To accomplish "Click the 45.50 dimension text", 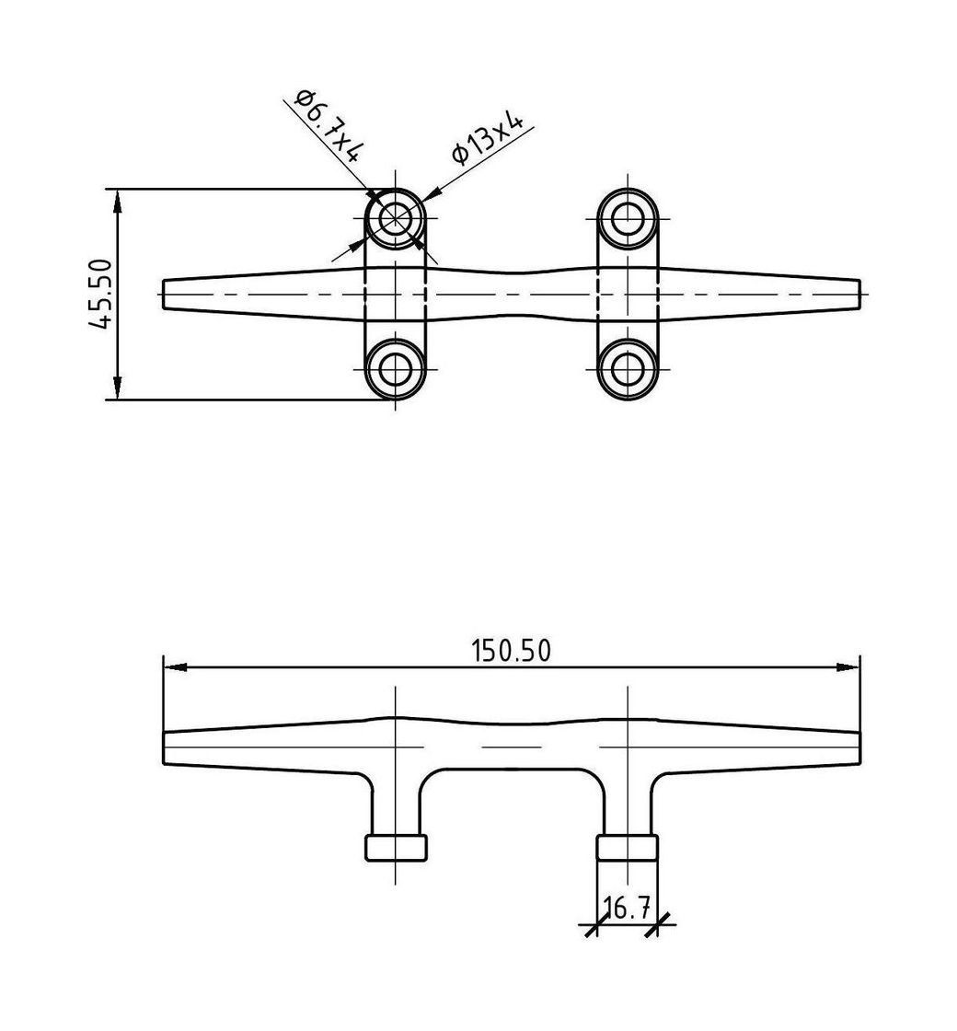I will click(100, 294).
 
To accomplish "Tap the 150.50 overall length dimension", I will click(512, 651).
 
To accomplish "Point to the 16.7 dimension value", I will click(626, 909).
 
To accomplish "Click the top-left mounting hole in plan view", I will click(396, 219).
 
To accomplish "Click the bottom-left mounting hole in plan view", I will click(396, 368).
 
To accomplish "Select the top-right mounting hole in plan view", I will click(628, 219).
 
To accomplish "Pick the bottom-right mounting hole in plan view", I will click(628, 368).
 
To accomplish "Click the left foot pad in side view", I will click(397, 847).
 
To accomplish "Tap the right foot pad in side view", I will click(628, 847).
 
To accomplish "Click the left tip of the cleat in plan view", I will click(167, 294).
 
